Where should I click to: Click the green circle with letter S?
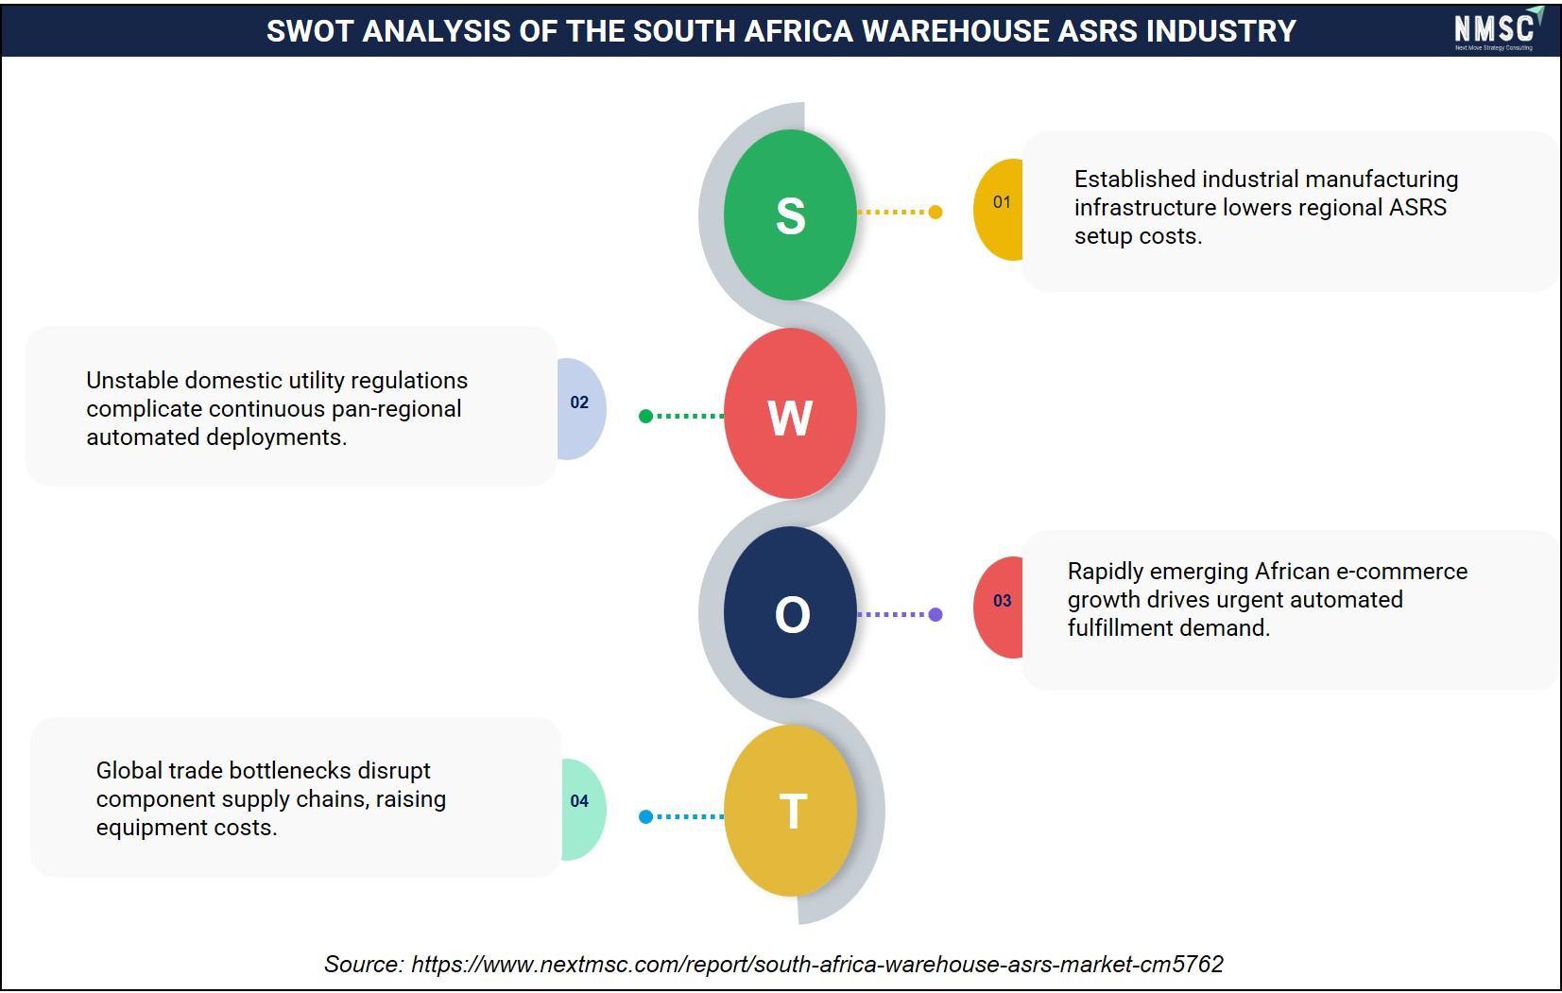pyautogui.click(x=790, y=214)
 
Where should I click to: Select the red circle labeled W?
pyautogui.click(x=790, y=414)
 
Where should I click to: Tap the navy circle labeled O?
pyautogui.click(x=790, y=612)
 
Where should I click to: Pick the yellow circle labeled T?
pyautogui.click(x=790, y=811)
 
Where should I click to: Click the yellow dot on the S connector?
pyautogui.click(x=935, y=212)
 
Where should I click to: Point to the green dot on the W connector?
pyautogui.click(x=645, y=417)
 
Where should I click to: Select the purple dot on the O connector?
pyautogui.click(x=935, y=614)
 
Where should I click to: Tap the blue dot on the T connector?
pyautogui.click(x=645, y=816)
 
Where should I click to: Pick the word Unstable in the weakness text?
pyautogui.click(x=131, y=380)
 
